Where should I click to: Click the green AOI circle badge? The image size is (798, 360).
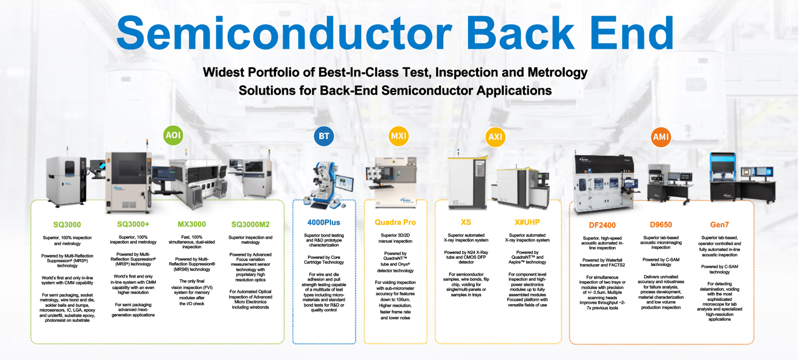tap(173, 135)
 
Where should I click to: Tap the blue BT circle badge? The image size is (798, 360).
tap(324, 136)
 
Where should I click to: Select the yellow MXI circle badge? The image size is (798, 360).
tap(399, 136)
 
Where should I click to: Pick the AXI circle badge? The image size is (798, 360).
tap(495, 136)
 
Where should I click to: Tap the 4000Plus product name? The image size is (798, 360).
tap(324, 223)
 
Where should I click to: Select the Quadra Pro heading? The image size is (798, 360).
tap(395, 223)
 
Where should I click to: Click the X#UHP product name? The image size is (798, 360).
tap(527, 222)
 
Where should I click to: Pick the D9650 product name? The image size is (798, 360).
tap(661, 225)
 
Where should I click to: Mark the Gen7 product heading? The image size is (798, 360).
tap(719, 225)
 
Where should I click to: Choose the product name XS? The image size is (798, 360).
tap(465, 222)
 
